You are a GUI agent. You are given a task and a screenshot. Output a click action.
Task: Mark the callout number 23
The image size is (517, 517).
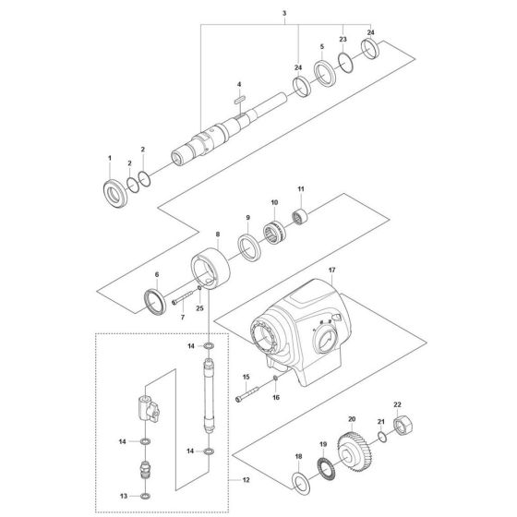(x=343, y=42)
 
